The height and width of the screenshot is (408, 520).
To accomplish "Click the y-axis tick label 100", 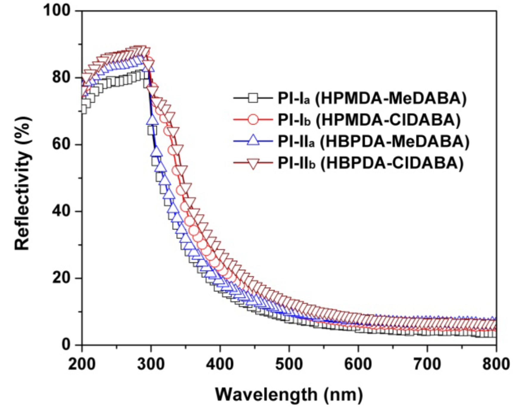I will click(x=57, y=11).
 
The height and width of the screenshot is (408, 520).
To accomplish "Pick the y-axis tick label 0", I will click(x=66, y=345).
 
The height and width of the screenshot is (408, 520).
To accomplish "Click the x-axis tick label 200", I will click(x=82, y=364).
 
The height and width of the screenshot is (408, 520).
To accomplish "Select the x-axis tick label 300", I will click(x=151, y=364).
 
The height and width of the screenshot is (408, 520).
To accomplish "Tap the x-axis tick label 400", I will click(x=220, y=364).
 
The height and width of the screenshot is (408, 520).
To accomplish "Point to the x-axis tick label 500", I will click(x=289, y=364).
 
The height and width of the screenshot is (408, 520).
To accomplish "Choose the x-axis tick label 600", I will click(x=358, y=364).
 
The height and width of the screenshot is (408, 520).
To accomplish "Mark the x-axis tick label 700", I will click(x=427, y=364).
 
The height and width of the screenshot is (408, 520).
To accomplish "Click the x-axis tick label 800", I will click(x=496, y=364).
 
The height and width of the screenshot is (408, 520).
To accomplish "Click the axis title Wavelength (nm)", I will click(x=289, y=395).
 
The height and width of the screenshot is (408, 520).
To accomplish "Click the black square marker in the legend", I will click(x=253, y=98).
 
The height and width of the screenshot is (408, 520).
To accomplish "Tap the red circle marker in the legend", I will click(x=253, y=120).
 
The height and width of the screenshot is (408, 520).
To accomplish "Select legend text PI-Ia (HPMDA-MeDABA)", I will click(x=372, y=98).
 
